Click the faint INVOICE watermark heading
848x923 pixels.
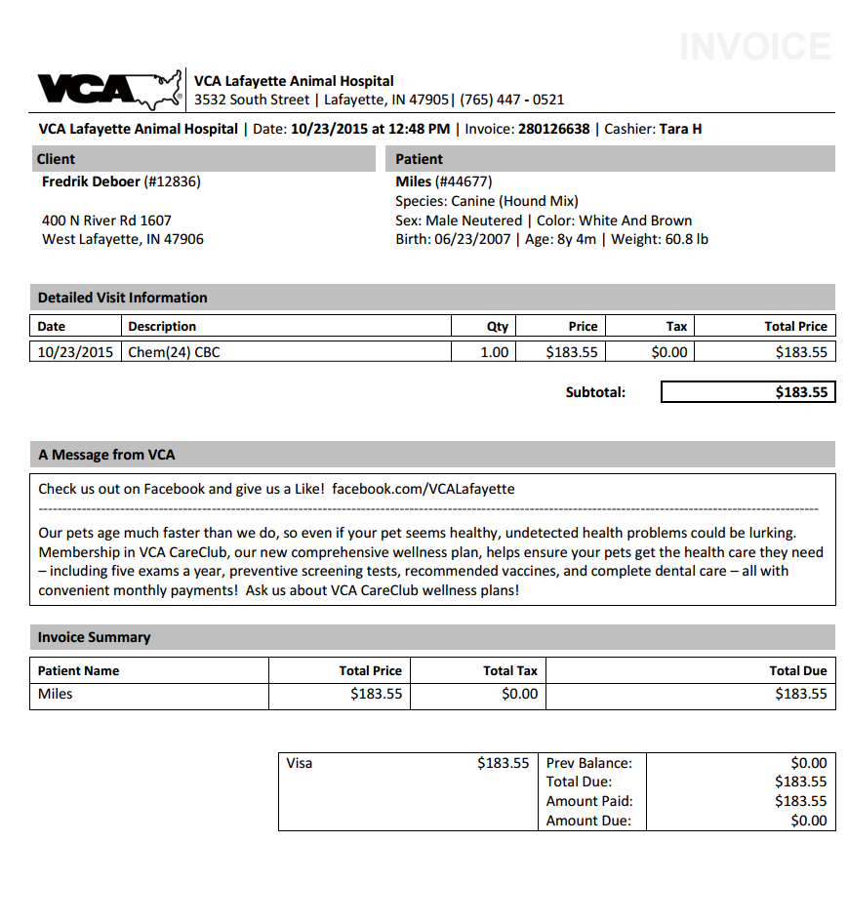(x=754, y=47)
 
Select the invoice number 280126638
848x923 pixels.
(x=553, y=129)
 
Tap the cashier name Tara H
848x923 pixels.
(x=680, y=129)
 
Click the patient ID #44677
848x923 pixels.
(x=464, y=181)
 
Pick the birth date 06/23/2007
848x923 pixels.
(x=473, y=239)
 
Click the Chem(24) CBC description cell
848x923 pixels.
(x=175, y=352)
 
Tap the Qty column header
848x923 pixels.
(x=498, y=327)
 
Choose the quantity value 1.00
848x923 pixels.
(x=495, y=352)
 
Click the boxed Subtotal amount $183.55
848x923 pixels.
(x=801, y=392)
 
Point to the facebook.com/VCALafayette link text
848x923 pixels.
(x=423, y=489)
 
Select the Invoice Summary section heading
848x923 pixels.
(x=94, y=637)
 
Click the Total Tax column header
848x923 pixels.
(x=510, y=670)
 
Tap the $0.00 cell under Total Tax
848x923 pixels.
(x=519, y=694)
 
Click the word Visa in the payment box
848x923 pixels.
(x=300, y=763)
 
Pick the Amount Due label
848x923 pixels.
(x=588, y=821)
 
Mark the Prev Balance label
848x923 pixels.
(x=588, y=763)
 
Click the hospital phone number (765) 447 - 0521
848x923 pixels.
(x=511, y=100)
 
